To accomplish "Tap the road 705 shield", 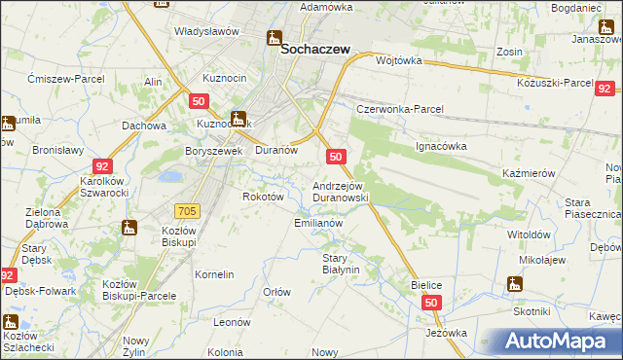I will pos(189,211).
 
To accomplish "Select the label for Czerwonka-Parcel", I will pos(399,109).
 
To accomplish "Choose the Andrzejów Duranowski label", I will pos(340,191).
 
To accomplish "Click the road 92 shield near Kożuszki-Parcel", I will pos(603,87).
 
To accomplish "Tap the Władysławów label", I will pos(206,31).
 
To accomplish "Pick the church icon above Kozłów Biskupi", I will pos(129,228).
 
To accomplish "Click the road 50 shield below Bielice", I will pos(432,304).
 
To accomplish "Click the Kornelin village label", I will pos(214,274).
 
